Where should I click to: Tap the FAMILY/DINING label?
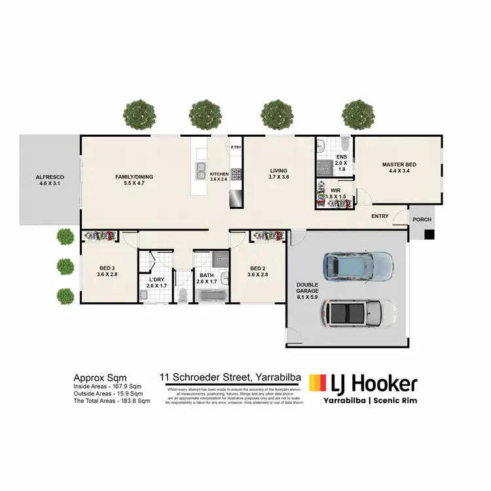tap(134, 177)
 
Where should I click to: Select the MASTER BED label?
tap(399, 164)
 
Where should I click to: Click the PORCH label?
tap(422, 219)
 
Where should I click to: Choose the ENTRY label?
tap(380, 217)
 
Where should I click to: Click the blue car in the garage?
tap(357, 264)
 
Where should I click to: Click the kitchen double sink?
tap(200, 172)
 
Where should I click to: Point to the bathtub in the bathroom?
tap(211, 297)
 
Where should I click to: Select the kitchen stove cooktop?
tap(236, 173)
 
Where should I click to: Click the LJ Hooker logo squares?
tap(318, 382)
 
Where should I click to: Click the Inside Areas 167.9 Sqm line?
tap(107, 386)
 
